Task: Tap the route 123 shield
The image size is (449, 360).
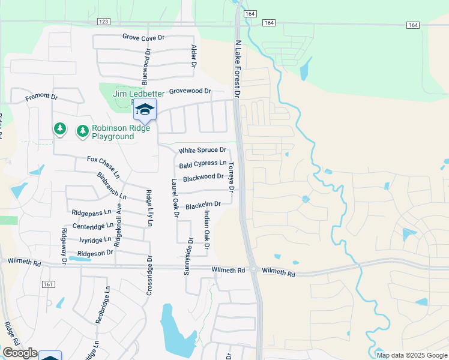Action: coord(103,22)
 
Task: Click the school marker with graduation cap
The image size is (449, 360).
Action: coord(144,109)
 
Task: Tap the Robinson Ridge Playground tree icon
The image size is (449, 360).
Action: coord(82,130)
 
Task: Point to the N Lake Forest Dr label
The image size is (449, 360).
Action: coord(237,69)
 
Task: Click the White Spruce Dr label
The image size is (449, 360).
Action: coord(202,150)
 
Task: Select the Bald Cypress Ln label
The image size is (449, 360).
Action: coord(202,164)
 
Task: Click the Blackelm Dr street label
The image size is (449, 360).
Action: coord(203,206)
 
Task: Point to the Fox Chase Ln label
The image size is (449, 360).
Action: coord(103,164)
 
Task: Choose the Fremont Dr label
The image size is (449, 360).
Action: coord(41,97)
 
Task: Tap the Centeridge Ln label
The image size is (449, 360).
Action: coord(92,226)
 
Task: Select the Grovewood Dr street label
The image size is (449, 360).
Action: coord(190,92)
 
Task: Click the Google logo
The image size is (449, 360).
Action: coord(19,353)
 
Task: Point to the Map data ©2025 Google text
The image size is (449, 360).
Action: coord(411,355)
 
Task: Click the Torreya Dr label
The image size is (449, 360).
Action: coord(231,178)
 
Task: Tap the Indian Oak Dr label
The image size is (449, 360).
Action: coord(206,230)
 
